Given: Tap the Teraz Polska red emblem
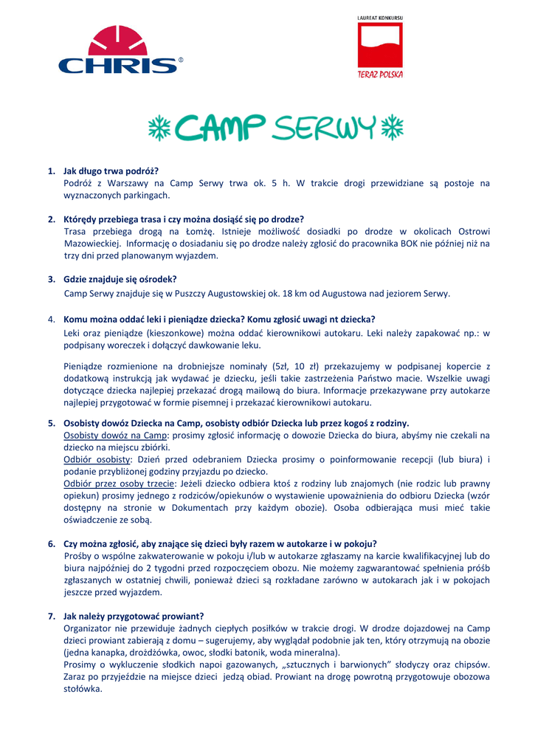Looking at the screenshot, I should tap(380, 48).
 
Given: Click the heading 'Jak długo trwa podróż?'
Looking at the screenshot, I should tap(111, 171).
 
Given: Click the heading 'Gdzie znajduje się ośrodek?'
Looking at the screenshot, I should tap(120, 279).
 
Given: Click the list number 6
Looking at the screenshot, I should tap(52, 543).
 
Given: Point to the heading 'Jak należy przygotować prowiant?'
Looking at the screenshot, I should tap(134, 616).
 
